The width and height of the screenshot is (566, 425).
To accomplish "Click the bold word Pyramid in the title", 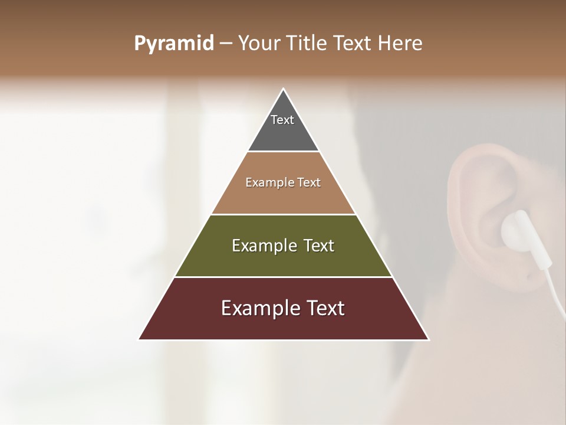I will [x=174, y=44].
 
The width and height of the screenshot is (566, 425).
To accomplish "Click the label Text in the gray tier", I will [x=282, y=120].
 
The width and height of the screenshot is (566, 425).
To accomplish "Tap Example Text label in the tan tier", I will [x=283, y=182].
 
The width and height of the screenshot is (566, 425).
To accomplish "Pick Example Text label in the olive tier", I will [x=283, y=246].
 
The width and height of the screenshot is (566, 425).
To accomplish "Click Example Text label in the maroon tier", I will [x=283, y=308].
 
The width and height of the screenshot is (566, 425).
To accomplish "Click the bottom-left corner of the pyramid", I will [x=140, y=339].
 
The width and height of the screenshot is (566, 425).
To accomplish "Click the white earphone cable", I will [x=551, y=283].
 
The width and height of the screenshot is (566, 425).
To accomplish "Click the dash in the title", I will [x=226, y=44].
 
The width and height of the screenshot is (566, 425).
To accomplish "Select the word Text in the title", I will [x=354, y=44].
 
